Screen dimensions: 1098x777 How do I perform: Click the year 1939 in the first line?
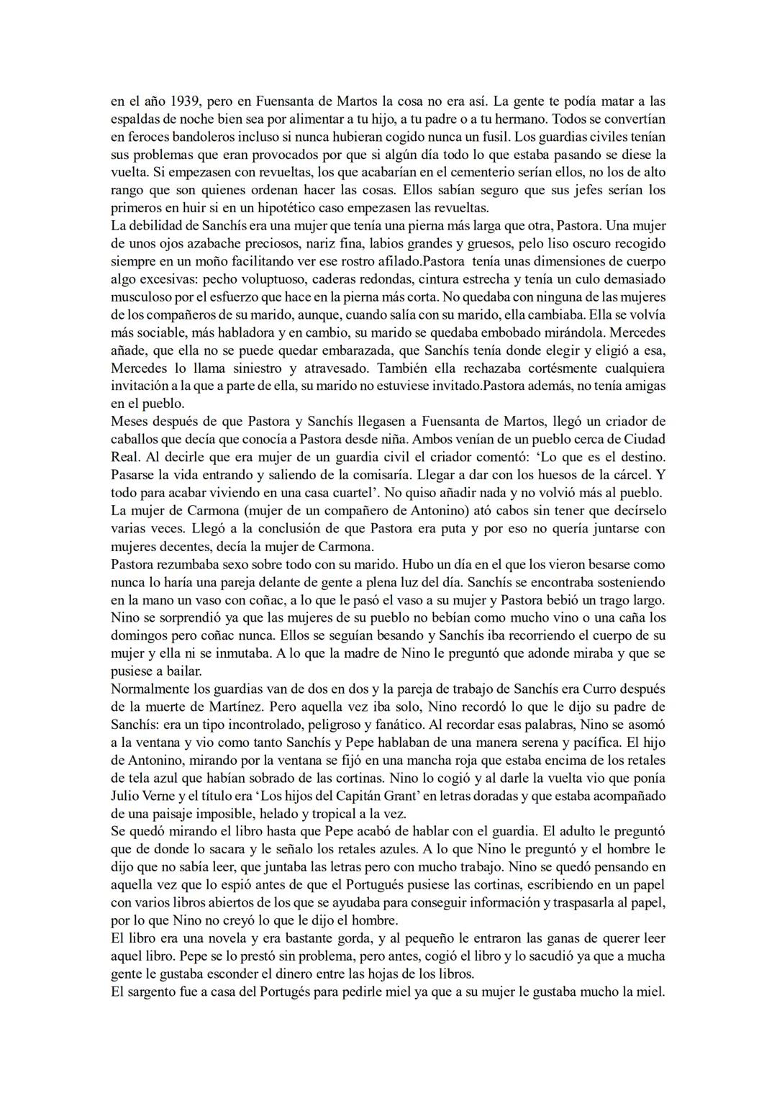[186, 101]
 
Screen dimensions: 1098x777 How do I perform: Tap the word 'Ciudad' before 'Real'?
[642, 440]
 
